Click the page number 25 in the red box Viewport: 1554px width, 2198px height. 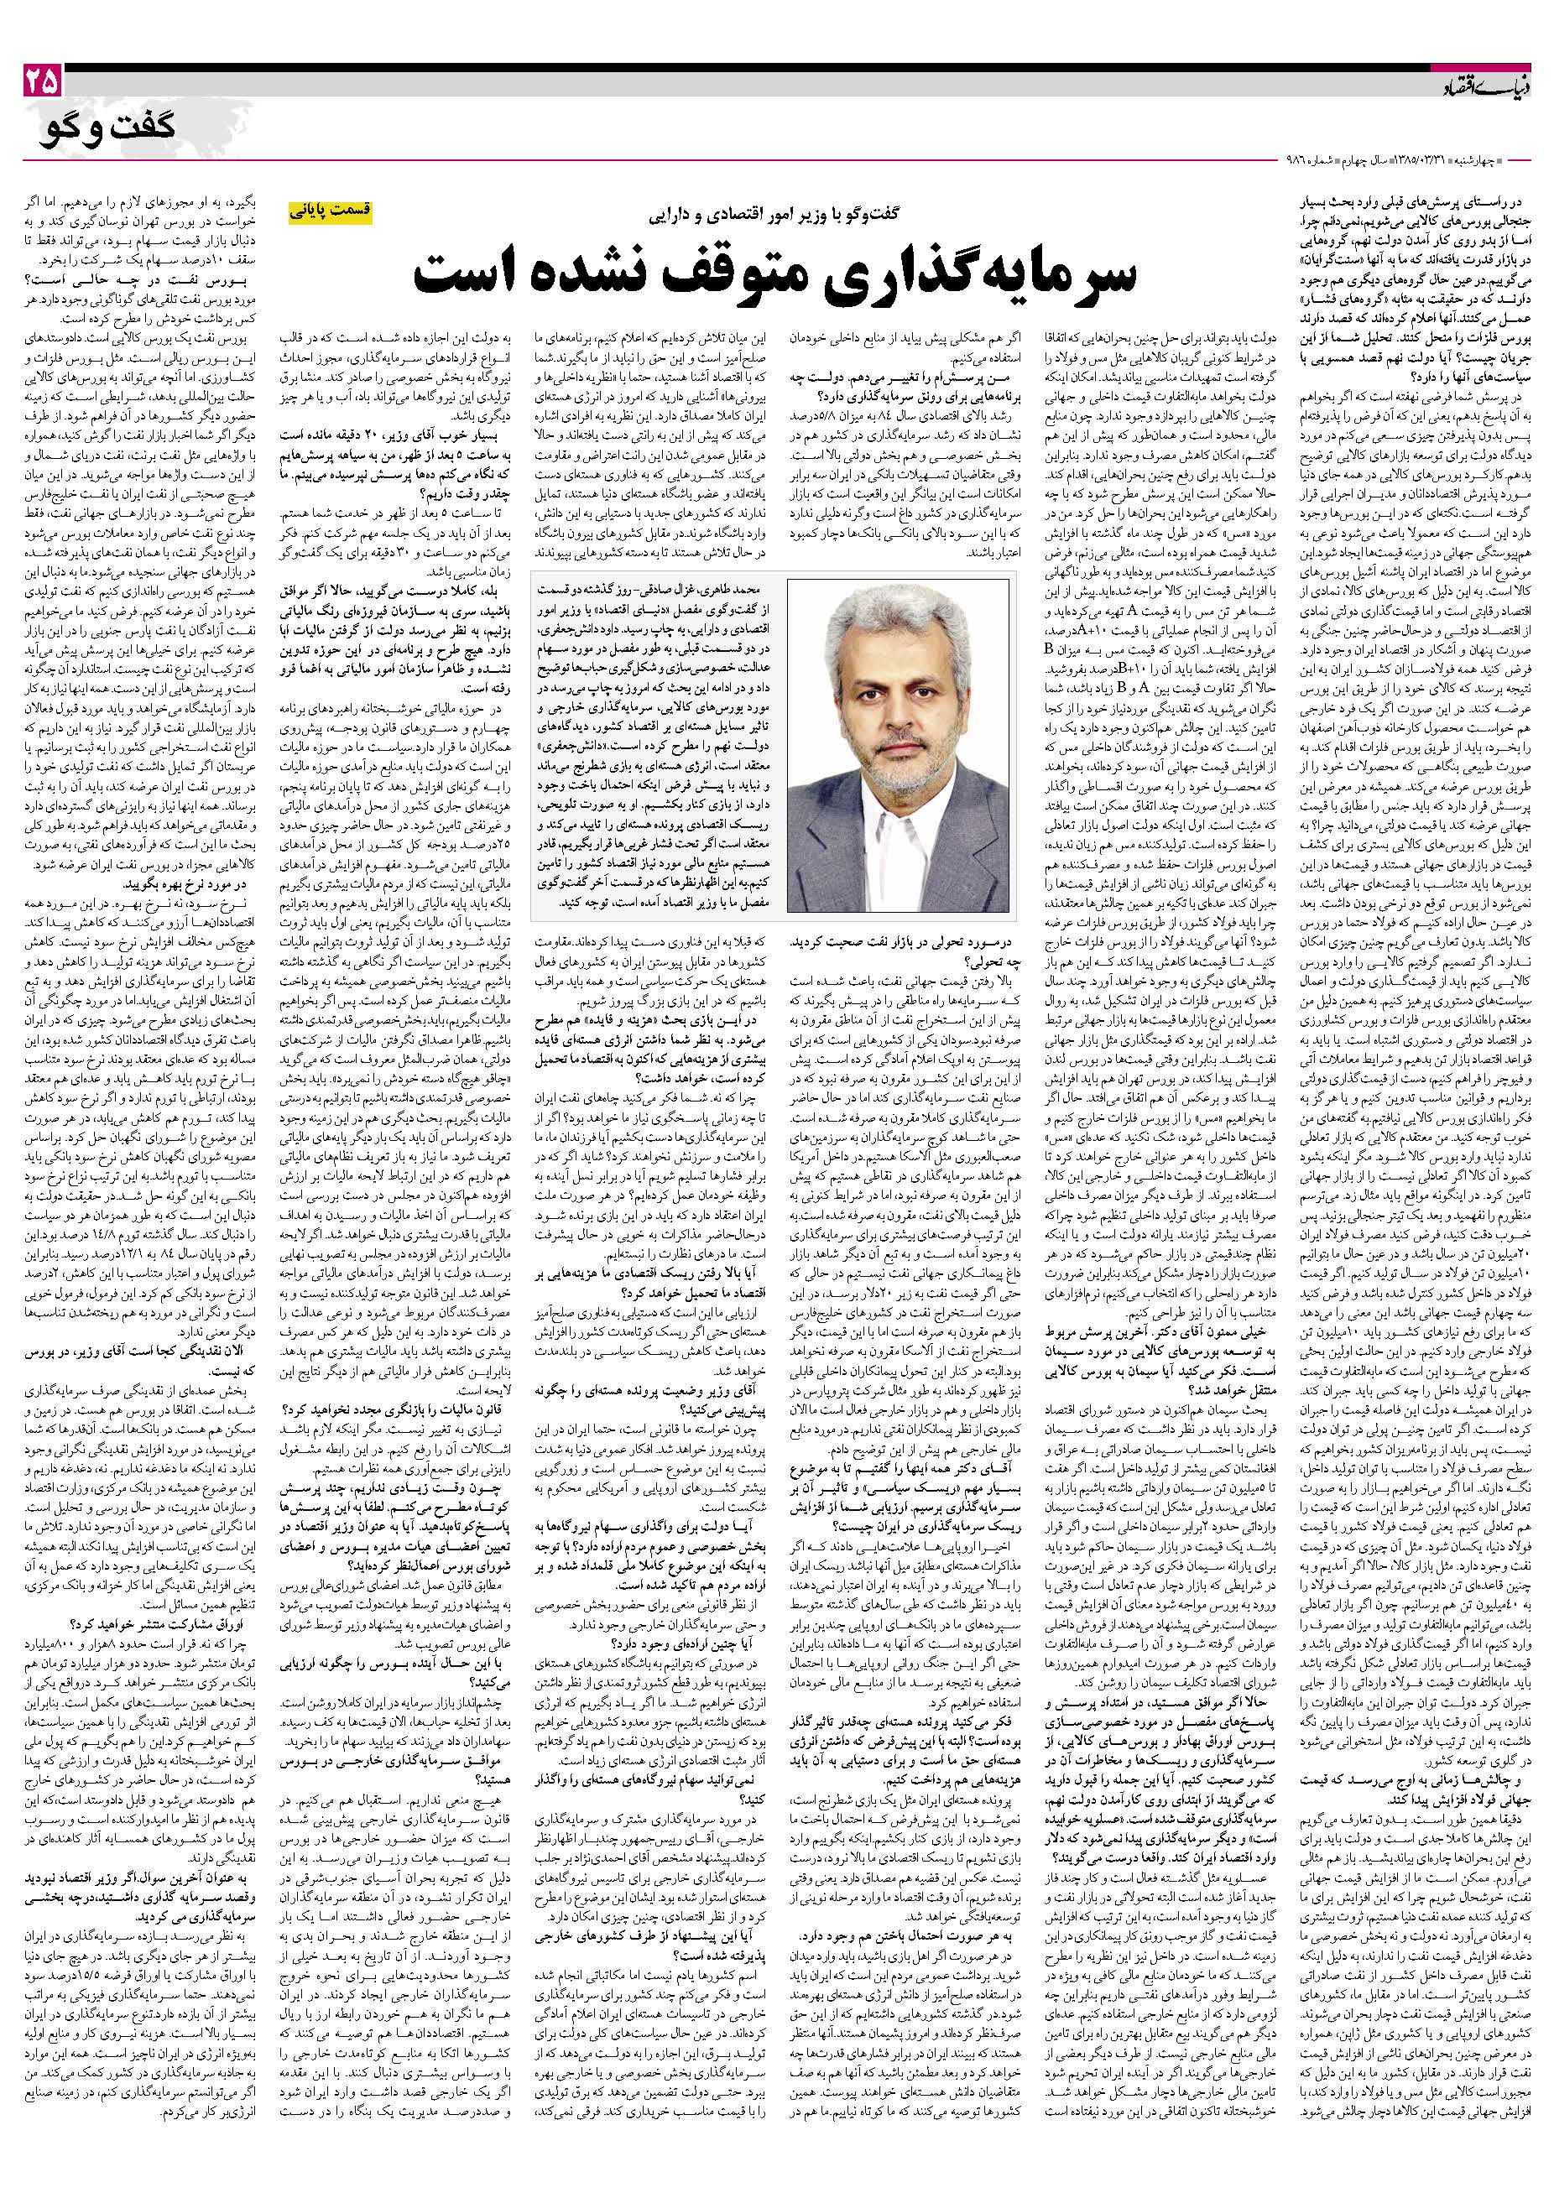point(40,82)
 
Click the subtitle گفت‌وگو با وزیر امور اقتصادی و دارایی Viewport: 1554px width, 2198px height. point(776,212)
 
